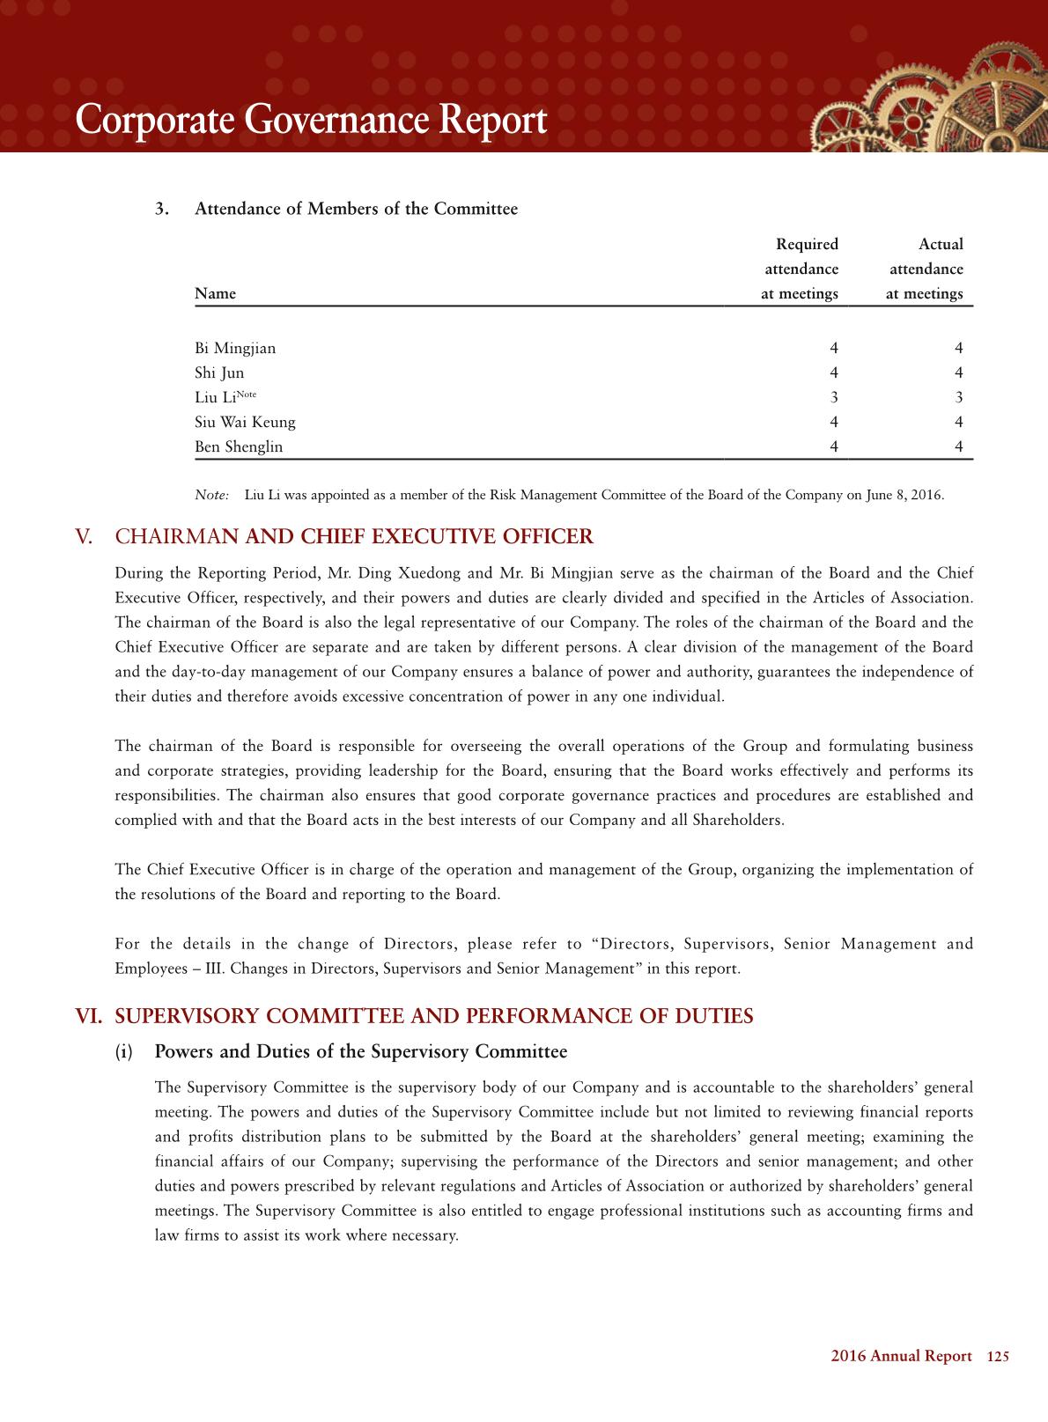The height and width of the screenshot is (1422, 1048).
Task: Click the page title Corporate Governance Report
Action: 311,120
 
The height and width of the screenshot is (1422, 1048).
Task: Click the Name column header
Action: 215,294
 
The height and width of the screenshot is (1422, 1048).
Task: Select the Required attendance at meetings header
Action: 800,269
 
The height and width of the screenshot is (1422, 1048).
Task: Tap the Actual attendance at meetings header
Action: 925,269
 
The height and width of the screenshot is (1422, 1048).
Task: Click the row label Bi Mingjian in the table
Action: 235,349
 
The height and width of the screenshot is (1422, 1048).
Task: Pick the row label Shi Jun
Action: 219,373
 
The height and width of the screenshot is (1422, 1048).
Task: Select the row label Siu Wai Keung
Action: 245,423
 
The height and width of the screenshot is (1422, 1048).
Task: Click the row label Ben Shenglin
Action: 239,447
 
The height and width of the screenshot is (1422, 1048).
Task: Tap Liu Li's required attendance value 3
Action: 834,398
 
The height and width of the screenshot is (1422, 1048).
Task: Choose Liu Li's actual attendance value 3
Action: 959,398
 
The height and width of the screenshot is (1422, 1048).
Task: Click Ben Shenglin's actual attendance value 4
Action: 959,447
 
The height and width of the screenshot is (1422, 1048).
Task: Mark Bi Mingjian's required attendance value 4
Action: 834,349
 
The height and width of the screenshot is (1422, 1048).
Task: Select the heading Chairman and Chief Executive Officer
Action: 355,537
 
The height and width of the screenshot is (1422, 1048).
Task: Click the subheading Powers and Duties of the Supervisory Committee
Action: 361,1052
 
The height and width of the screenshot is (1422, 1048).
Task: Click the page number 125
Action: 998,1357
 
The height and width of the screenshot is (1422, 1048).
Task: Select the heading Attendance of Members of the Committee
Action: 356,210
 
